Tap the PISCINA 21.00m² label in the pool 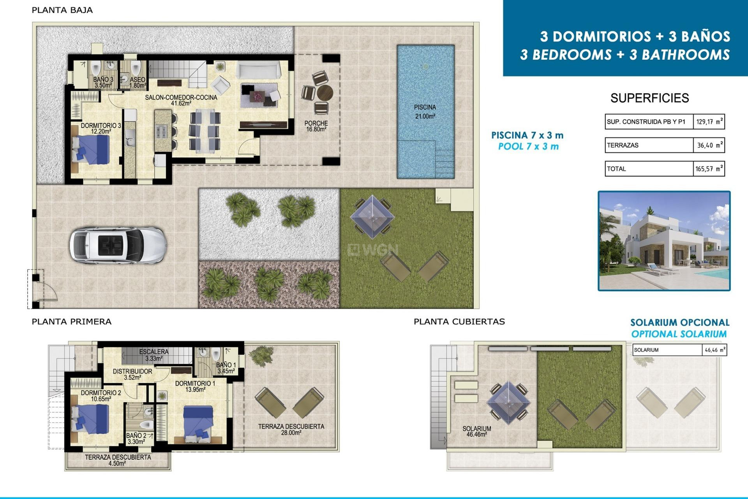425,111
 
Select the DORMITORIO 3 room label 101,128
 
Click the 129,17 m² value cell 709,122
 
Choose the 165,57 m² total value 709,169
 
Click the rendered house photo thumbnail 664,241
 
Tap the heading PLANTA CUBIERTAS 459,322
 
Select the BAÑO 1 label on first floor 226,368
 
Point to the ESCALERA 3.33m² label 153,355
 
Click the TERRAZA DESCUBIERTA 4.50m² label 118,460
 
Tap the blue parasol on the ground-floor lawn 372,217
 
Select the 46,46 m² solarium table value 714,350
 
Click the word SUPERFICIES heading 649,98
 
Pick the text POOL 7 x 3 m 528,147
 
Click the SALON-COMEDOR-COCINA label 181,100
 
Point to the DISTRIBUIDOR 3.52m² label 132,374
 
